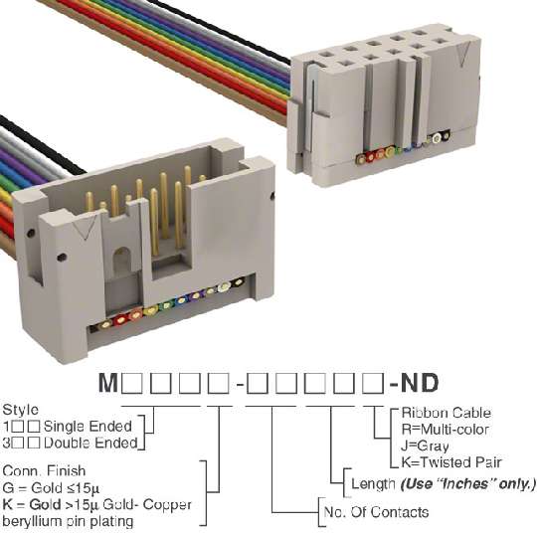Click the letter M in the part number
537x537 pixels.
click(108, 383)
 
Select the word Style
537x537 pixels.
click(21, 410)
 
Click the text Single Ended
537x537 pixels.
click(88, 427)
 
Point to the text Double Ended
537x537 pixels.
click(90, 444)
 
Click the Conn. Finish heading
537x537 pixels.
click(44, 471)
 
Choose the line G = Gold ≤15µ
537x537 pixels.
click(51, 487)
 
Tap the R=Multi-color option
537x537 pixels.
click(445, 430)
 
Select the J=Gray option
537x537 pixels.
click(425, 447)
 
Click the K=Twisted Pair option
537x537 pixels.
click(451, 462)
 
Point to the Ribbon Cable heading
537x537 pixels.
click(446, 413)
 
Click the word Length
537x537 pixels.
click(374, 484)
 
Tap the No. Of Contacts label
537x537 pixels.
click(376, 512)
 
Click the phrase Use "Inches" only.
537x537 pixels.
click(467, 484)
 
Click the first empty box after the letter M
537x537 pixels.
click(132, 383)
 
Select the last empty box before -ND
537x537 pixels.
click(374, 383)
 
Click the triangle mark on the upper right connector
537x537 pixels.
click(462, 56)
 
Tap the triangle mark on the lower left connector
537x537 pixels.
click(85, 229)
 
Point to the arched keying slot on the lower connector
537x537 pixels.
click(122, 260)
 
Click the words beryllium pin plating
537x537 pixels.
click(68, 521)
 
